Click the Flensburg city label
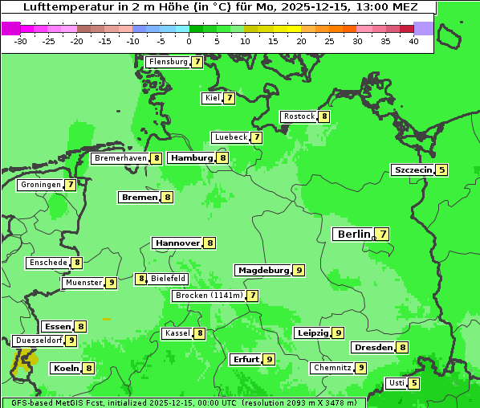click(168, 62)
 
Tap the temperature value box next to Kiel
click(229, 98)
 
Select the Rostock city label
click(299, 116)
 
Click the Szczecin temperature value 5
click(441, 169)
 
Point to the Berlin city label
click(353, 235)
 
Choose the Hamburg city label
click(191, 158)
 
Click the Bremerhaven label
click(120, 158)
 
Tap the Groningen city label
click(41, 185)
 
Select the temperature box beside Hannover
click(209, 243)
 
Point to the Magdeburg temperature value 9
click(299, 270)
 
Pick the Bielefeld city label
click(168, 279)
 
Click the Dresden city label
click(372, 348)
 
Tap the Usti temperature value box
click(413, 383)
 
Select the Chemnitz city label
click(332, 368)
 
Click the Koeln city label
click(65, 368)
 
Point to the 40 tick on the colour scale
click(413, 41)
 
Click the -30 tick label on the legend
click(22, 41)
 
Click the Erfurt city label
click(245, 359)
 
